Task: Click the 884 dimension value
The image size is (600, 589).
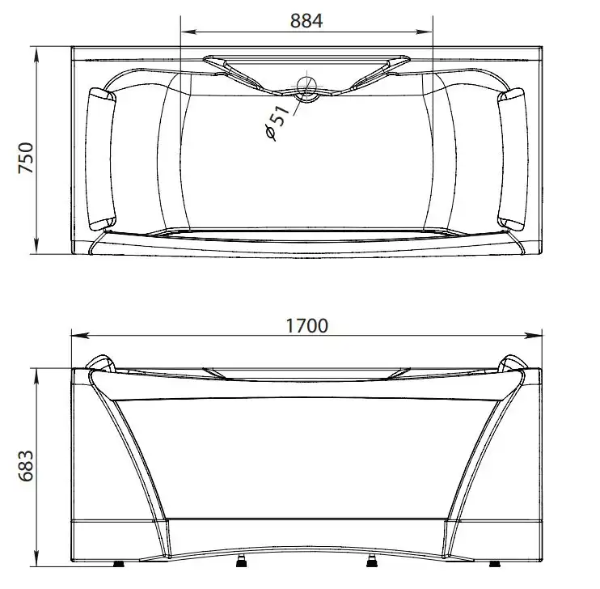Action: coord(306,21)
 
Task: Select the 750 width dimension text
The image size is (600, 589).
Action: coord(26,158)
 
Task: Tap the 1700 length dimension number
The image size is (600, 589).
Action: coord(307,326)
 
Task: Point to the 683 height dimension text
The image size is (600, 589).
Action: coord(26,466)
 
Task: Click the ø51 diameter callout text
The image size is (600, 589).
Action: coord(277,122)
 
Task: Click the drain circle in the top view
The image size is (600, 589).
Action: coord(306,89)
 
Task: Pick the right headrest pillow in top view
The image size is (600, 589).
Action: coord(513,159)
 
